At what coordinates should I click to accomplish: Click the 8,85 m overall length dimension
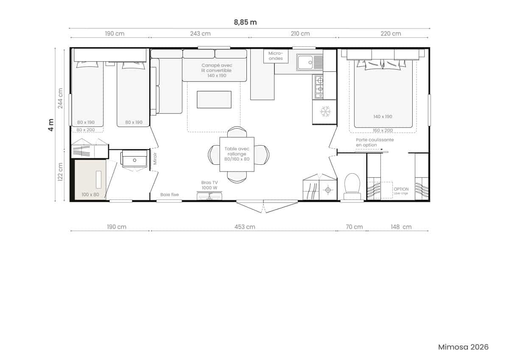245,22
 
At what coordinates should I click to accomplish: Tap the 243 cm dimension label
200,34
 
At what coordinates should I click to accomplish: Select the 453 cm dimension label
245,227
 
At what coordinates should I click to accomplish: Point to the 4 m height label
51,125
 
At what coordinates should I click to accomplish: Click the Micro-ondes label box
276,56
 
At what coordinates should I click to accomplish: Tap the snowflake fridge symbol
325,111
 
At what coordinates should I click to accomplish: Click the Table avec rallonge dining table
237,154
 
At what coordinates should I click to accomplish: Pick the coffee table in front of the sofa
214,100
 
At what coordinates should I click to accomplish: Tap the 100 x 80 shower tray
90,180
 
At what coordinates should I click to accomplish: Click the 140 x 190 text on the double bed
383,117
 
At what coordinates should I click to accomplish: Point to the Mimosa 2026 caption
463,347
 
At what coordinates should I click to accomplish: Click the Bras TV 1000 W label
209,185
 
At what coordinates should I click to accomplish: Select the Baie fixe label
170,195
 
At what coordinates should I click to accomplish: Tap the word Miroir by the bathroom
155,158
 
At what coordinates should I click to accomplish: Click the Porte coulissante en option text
375,142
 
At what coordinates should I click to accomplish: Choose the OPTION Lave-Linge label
401,191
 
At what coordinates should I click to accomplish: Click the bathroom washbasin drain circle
134,160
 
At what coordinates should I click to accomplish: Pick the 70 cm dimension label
354,227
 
